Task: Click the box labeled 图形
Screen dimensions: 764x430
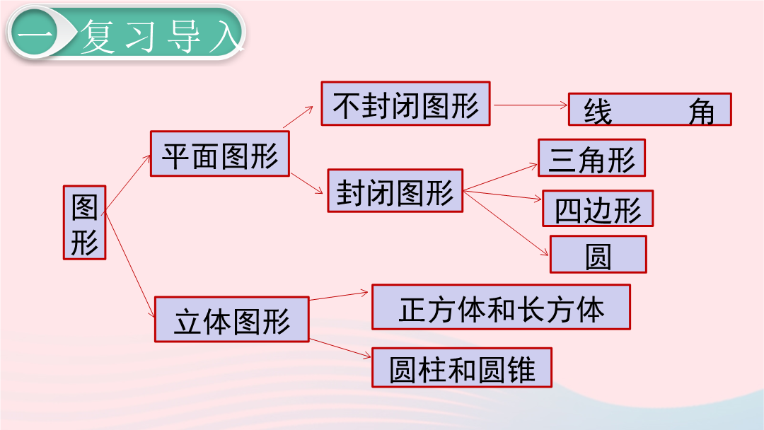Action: coord(84,222)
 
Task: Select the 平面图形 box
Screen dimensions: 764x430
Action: coord(220,153)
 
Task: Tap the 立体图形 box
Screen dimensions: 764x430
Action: coord(232,319)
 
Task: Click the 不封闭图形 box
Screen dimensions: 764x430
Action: coord(405,103)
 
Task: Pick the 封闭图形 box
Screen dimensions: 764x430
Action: coord(395,190)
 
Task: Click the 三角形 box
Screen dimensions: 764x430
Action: coord(591,158)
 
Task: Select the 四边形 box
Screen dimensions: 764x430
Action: coord(598,209)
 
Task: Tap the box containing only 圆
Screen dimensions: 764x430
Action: coord(598,254)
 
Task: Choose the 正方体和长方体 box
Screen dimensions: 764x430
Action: coord(501,307)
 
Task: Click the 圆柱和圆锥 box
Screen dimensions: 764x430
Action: coord(462,367)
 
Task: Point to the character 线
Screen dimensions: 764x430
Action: coord(598,112)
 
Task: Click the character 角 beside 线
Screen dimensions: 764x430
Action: coord(701,112)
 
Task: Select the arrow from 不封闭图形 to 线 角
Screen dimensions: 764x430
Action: coord(531,105)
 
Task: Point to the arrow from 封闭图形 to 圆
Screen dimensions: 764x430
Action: coord(506,223)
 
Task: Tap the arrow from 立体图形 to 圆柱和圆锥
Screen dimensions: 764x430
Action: coord(340,348)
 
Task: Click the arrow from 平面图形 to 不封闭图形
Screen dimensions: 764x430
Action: coord(298,117)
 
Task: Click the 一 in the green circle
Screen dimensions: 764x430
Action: coord(35,33)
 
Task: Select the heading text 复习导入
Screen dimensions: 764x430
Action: coord(161,35)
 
